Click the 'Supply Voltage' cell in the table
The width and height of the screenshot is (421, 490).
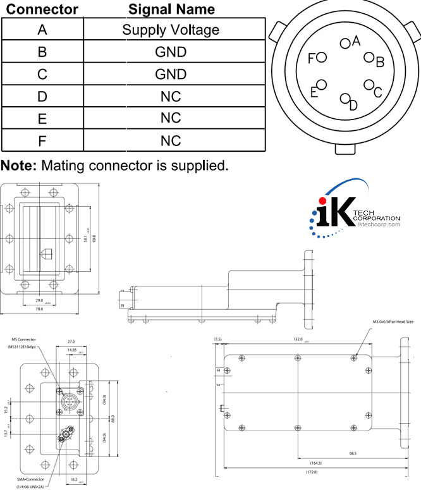(x=171, y=30)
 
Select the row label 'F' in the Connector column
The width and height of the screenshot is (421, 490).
(x=42, y=140)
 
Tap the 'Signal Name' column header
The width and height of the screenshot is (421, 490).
(x=171, y=9)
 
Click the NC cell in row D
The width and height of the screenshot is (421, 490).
(x=171, y=96)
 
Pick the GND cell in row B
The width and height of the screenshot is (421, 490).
(x=171, y=52)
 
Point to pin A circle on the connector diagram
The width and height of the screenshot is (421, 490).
(x=345, y=44)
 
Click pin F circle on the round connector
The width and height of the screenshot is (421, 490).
(x=322, y=58)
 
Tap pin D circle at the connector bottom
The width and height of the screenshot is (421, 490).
(x=345, y=99)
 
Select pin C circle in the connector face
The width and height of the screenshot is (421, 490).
(x=369, y=85)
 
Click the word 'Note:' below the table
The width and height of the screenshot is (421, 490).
(x=19, y=166)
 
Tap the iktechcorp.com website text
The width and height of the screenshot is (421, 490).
(x=379, y=224)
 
